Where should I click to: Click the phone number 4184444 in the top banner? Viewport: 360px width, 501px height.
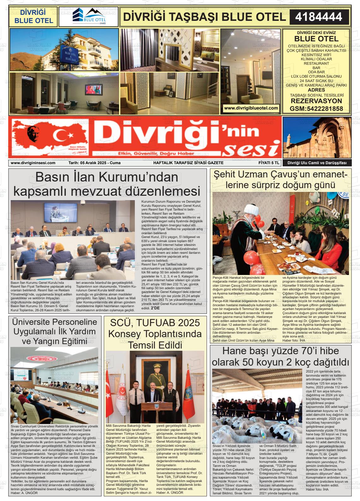click(319, 17)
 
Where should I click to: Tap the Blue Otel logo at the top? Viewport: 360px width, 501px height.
click(88, 17)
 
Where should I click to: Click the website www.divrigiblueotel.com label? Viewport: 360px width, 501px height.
click(251, 108)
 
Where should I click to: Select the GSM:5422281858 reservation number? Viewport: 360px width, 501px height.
click(316, 109)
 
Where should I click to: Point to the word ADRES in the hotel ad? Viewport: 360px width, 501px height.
click(316, 90)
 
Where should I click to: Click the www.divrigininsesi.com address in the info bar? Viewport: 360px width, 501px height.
click(33, 163)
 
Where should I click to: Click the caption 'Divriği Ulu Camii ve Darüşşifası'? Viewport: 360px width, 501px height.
click(317, 163)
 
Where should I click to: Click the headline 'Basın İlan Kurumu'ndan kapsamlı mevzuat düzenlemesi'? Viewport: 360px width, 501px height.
click(107, 184)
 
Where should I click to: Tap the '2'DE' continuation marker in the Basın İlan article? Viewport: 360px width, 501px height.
click(155, 308)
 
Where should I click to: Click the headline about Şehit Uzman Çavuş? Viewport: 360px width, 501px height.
click(280, 179)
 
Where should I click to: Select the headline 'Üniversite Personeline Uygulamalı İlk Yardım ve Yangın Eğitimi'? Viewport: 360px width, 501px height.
click(54, 331)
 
